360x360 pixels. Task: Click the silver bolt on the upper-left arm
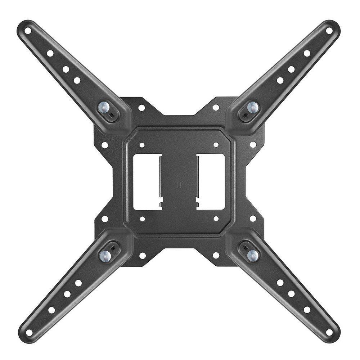click(104, 107)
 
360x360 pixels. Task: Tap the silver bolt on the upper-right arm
click(253, 107)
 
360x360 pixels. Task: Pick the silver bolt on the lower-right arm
click(253, 255)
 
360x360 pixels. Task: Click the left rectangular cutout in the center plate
click(147, 182)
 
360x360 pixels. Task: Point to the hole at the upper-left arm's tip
click(28, 31)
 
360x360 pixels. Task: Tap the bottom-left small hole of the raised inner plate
click(142, 219)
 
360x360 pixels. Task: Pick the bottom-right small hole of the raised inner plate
click(216, 219)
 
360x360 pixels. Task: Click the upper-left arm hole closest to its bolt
click(77, 80)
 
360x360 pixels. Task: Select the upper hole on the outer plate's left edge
click(105, 145)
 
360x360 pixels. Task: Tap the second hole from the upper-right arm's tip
click(307, 53)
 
